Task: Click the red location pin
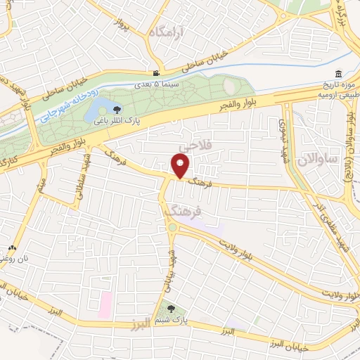coord(181,166)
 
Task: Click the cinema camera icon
coord(156,73)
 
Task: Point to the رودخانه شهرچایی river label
coord(70,106)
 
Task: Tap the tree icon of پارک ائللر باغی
coord(117,110)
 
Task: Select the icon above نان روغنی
coord(12,248)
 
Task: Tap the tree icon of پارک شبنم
coord(172,308)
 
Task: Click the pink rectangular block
coord(105,304)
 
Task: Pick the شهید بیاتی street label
coord(169,269)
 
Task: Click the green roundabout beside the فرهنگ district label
coord(171,227)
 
